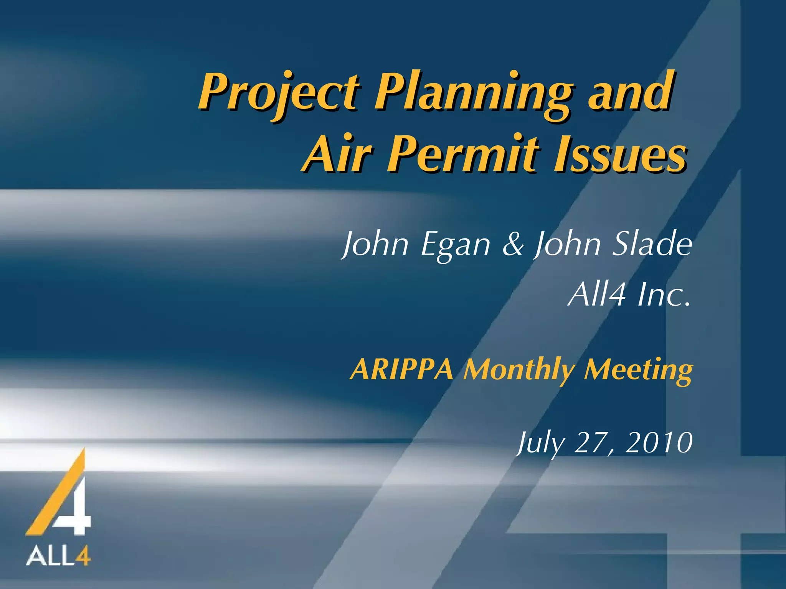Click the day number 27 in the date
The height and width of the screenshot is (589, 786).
[589, 443]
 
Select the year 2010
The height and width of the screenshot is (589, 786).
[659, 443]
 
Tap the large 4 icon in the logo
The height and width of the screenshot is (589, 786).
[61, 495]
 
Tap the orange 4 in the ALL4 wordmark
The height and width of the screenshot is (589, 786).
[82, 556]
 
